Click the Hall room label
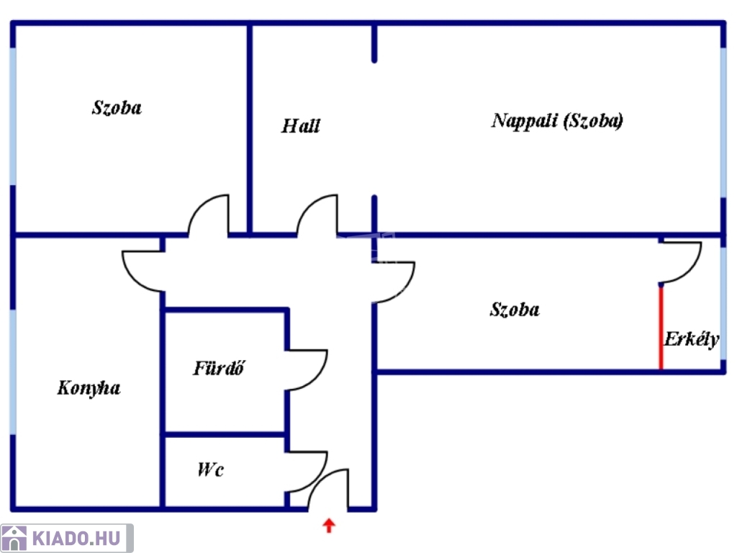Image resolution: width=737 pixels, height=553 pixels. (x=301, y=127)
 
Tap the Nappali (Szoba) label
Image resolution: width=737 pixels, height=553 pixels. (x=557, y=120)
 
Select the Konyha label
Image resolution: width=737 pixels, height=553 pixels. (x=89, y=388)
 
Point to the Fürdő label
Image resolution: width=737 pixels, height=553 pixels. (x=220, y=368)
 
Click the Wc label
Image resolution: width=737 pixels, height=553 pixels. (x=210, y=470)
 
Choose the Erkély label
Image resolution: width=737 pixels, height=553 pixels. (x=691, y=340)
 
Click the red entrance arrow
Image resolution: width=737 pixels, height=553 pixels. (x=329, y=526)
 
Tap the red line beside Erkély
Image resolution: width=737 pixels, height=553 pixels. (x=661, y=328)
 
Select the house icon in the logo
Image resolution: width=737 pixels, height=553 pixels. (x=15, y=538)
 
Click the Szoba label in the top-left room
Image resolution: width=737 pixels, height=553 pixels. (x=117, y=108)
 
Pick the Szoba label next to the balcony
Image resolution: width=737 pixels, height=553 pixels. (x=515, y=310)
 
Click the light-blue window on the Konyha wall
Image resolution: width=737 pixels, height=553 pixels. (x=12, y=372)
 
